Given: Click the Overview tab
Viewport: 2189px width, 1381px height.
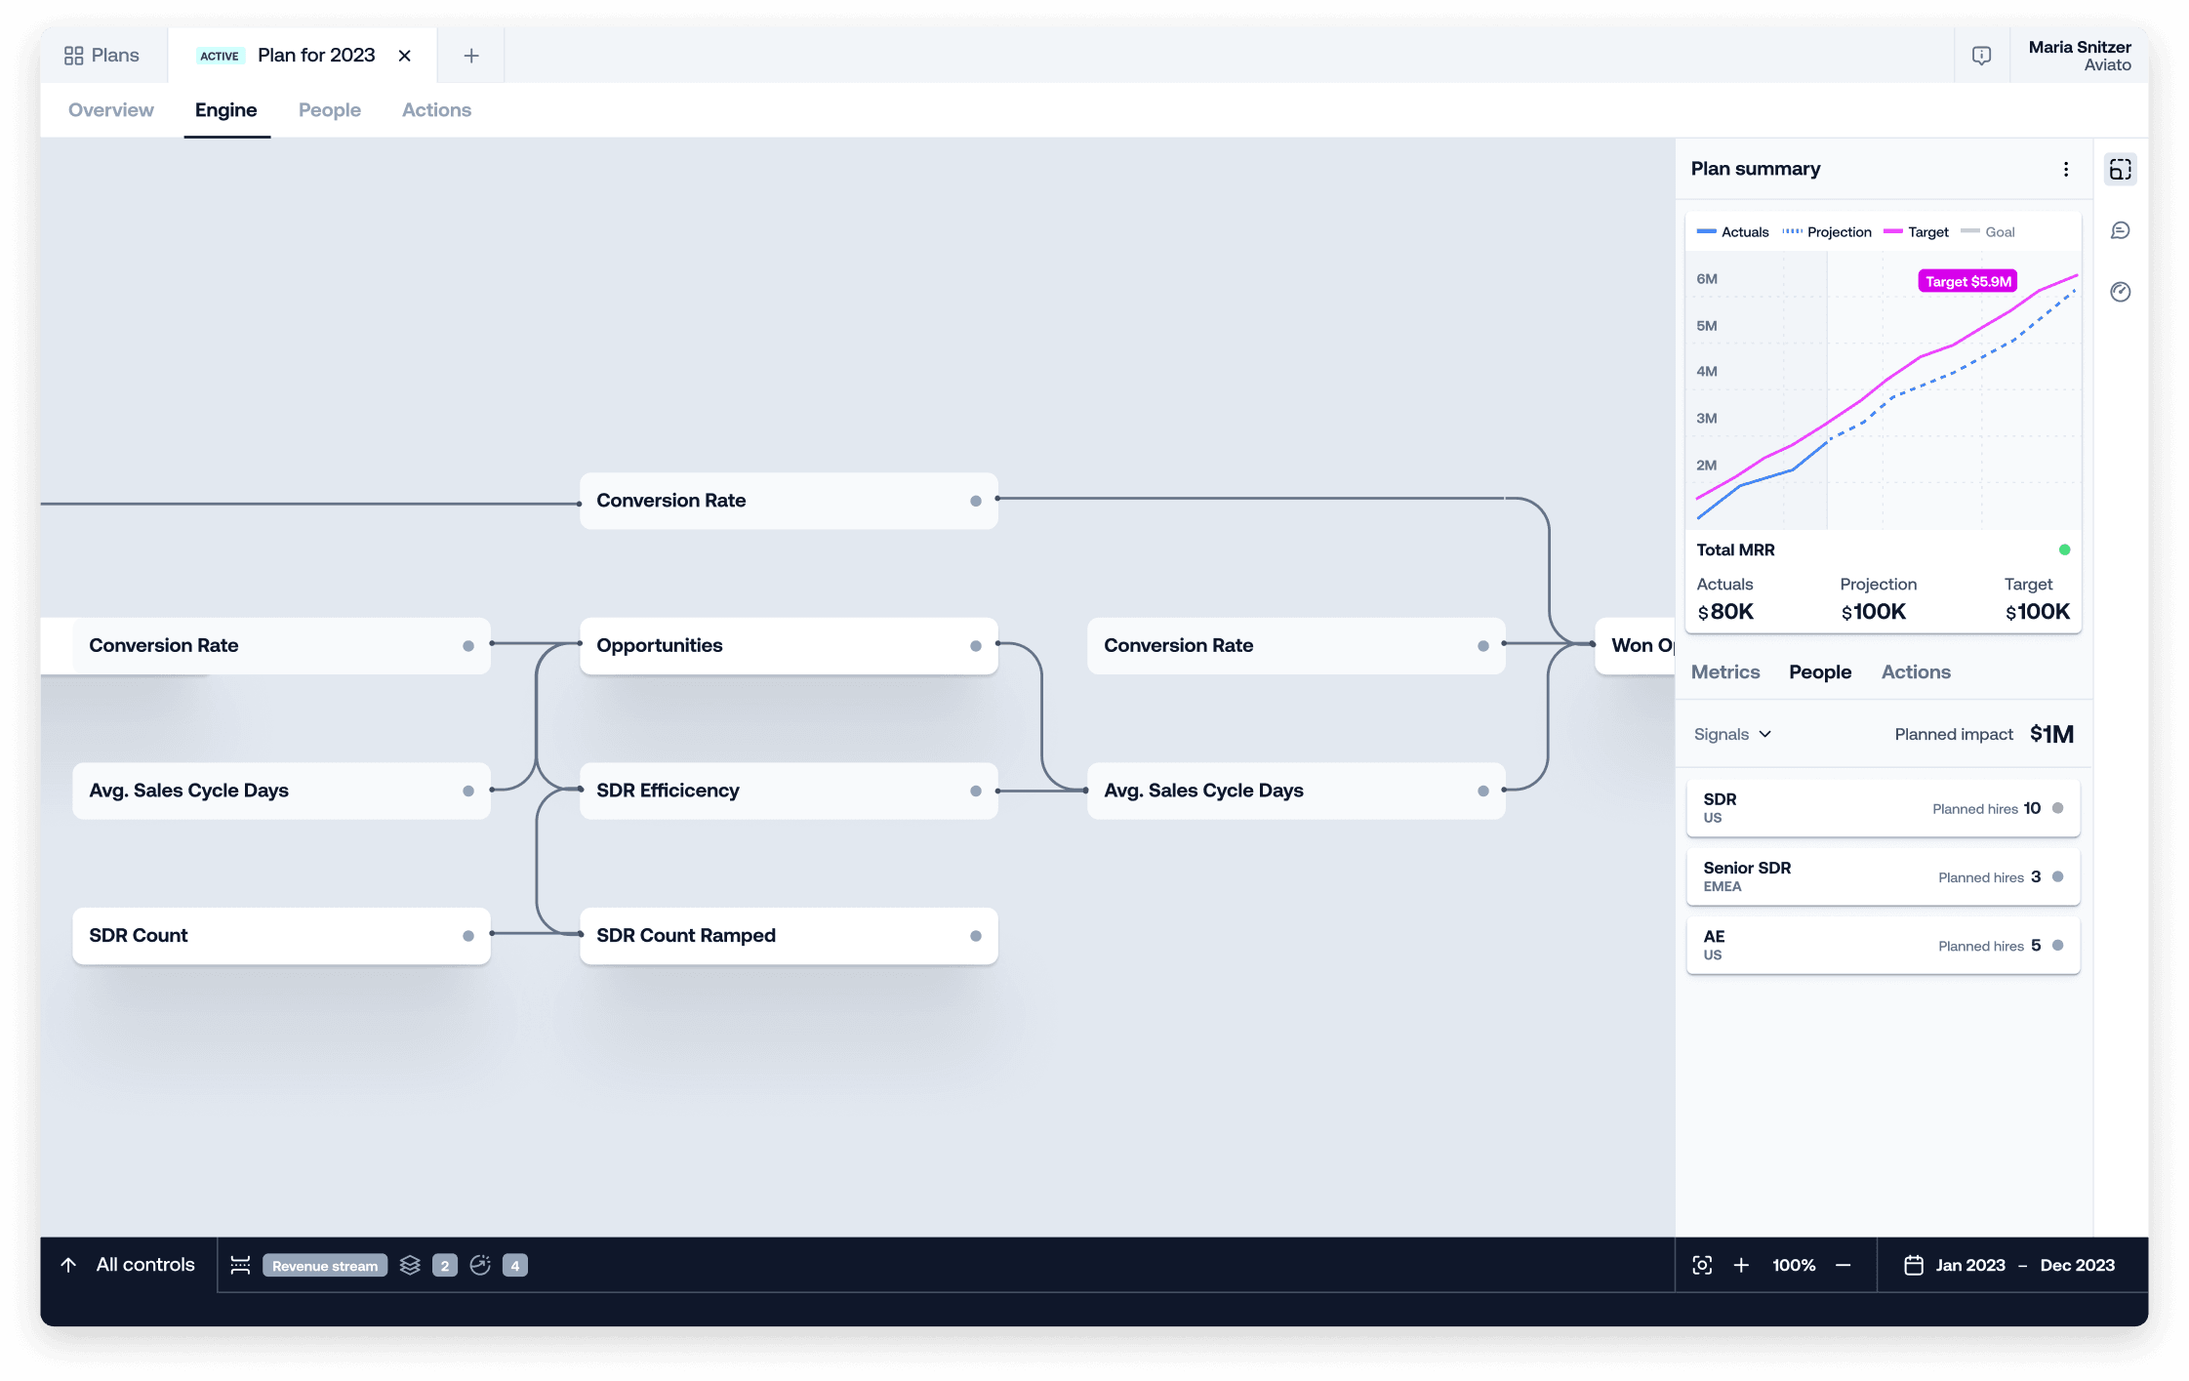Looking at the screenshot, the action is (x=111, y=110).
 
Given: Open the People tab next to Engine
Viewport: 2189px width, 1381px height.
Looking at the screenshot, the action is (x=330, y=110).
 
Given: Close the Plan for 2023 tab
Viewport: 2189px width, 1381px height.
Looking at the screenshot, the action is (x=405, y=56).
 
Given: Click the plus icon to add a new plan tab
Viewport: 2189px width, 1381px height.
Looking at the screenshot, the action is (x=471, y=56).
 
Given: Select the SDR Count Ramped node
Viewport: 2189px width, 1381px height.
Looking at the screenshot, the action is (x=789, y=936).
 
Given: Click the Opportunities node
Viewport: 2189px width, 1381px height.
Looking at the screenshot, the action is (x=789, y=645).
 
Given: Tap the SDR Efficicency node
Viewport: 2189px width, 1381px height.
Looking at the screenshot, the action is (x=789, y=791).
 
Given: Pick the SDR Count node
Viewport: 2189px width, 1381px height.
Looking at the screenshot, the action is (x=281, y=936).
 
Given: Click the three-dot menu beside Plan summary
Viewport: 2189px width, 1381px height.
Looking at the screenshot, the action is (x=2066, y=169).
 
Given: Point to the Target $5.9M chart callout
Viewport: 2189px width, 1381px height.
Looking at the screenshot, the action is (x=1967, y=282).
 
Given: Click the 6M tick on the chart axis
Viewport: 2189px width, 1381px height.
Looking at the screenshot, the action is (x=1707, y=279).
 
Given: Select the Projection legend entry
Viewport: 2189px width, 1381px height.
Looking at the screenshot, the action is (x=1827, y=232).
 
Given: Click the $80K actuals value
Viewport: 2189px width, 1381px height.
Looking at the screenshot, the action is (x=1725, y=612).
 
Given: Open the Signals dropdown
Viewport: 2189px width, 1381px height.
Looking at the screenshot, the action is (x=1732, y=734).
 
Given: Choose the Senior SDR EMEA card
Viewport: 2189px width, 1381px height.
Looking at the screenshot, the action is (x=1884, y=876).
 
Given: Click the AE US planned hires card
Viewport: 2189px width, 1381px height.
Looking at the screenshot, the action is (x=1884, y=945).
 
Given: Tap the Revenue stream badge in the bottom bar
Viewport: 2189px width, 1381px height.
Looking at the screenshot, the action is (x=325, y=1266).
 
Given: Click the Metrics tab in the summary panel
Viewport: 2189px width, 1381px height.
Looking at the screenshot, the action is (x=1725, y=671).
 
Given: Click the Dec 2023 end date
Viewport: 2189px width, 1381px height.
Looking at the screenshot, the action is (x=2077, y=1265).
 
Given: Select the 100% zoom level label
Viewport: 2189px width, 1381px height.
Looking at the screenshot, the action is (x=1794, y=1265).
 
